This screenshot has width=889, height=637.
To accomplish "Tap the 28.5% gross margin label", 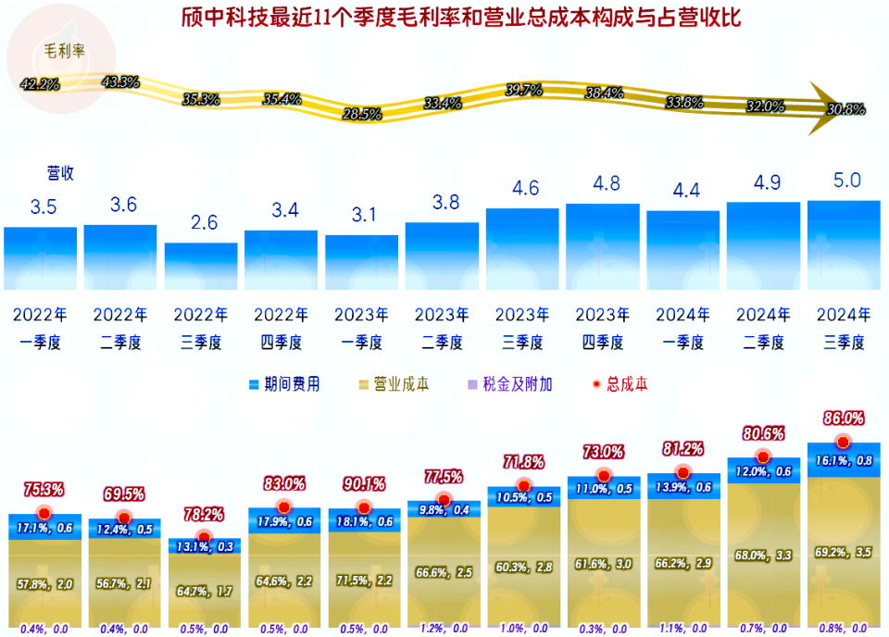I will (361, 115).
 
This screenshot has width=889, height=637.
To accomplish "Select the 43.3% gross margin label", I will (120, 81).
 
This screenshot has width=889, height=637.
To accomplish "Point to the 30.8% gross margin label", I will (845, 109).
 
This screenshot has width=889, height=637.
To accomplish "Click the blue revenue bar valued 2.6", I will (201, 267).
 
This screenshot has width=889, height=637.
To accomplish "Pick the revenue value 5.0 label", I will (848, 180).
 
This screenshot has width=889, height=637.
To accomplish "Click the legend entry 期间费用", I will (284, 384).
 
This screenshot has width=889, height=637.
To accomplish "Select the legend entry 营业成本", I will (393, 384).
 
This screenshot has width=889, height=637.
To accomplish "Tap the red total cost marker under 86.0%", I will (843, 443).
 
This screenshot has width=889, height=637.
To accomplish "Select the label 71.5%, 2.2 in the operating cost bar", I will (362, 581).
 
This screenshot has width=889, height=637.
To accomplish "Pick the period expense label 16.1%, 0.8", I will (843, 460).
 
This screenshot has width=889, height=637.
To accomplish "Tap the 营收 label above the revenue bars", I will (61, 172).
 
